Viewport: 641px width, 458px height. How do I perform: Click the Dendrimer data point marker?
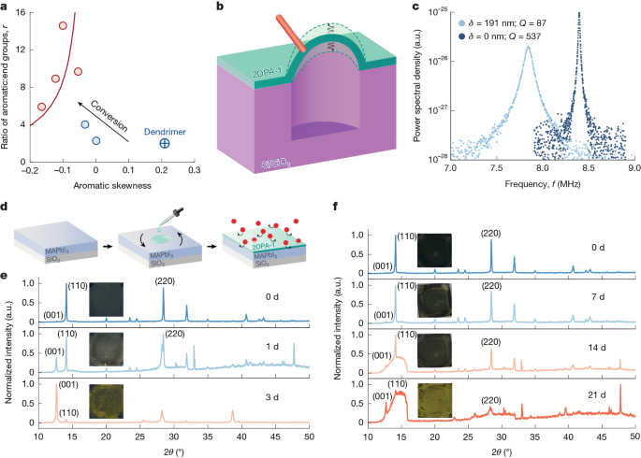[x=165, y=143]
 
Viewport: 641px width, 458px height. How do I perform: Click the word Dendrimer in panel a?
[x=165, y=130]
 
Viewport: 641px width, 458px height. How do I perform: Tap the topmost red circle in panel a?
[x=63, y=25]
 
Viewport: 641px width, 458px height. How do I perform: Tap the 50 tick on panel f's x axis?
[x=634, y=437]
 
